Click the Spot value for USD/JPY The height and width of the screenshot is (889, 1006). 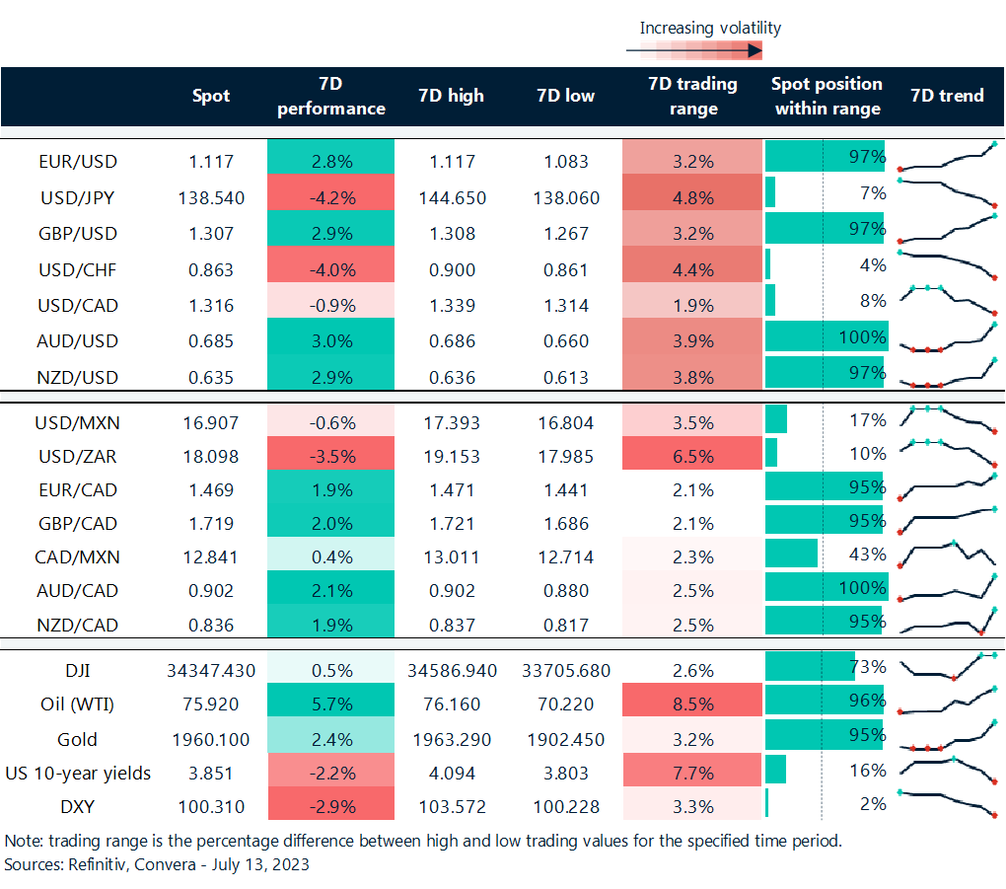pos(210,197)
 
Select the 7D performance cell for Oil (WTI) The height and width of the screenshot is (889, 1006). pos(330,704)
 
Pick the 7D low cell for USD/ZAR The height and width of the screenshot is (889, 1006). pos(565,456)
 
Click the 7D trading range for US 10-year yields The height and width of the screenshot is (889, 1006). pos(692,773)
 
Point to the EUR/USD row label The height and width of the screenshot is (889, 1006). pos(77,162)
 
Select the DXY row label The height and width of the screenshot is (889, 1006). pos(77,806)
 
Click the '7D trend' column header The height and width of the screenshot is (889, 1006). pos(947,96)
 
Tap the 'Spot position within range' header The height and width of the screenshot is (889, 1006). pos(826,96)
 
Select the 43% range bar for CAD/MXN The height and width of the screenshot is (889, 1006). pos(791,554)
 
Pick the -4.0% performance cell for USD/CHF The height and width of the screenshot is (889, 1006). pos(330,269)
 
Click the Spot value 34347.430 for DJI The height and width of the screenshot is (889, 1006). pos(210,671)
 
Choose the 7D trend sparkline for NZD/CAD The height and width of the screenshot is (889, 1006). pos(947,624)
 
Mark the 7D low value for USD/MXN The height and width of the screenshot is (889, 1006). pos(565,422)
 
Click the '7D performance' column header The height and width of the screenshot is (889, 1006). pos(330,96)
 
